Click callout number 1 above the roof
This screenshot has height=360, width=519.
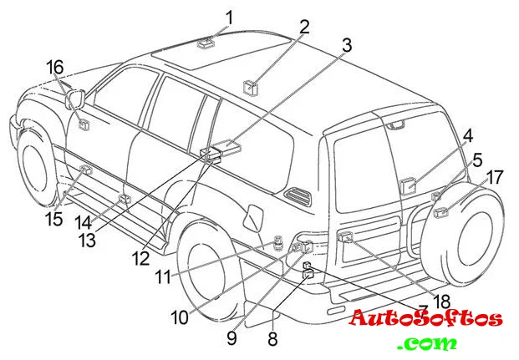(x=229, y=15)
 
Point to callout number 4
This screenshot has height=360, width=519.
(x=468, y=134)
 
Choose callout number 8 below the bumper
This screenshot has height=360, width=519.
(x=272, y=338)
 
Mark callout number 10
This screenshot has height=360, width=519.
(x=181, y=317)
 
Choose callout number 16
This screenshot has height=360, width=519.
(x=54, y=66)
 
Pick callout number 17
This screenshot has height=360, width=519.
(x=495, y=177)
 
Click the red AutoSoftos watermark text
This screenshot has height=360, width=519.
(x=425, y=318)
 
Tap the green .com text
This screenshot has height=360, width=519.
(x=428, y=343)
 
